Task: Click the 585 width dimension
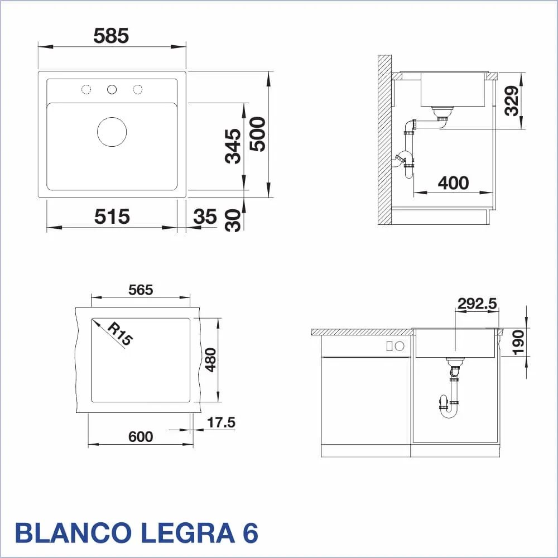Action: [x=110, y=36]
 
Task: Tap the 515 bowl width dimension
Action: [x=112, y=217]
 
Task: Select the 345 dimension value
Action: [x=233, y=146]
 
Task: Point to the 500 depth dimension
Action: [x=258, y=134]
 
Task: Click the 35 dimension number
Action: [x=205, y=217]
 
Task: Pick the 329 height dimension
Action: [x=512, y=100]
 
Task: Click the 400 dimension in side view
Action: [x=453, y=183]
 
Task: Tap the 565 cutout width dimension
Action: [x=141, y=290]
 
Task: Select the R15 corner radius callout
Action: [x=120, y=334]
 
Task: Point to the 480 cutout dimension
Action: [x=211, y=360]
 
